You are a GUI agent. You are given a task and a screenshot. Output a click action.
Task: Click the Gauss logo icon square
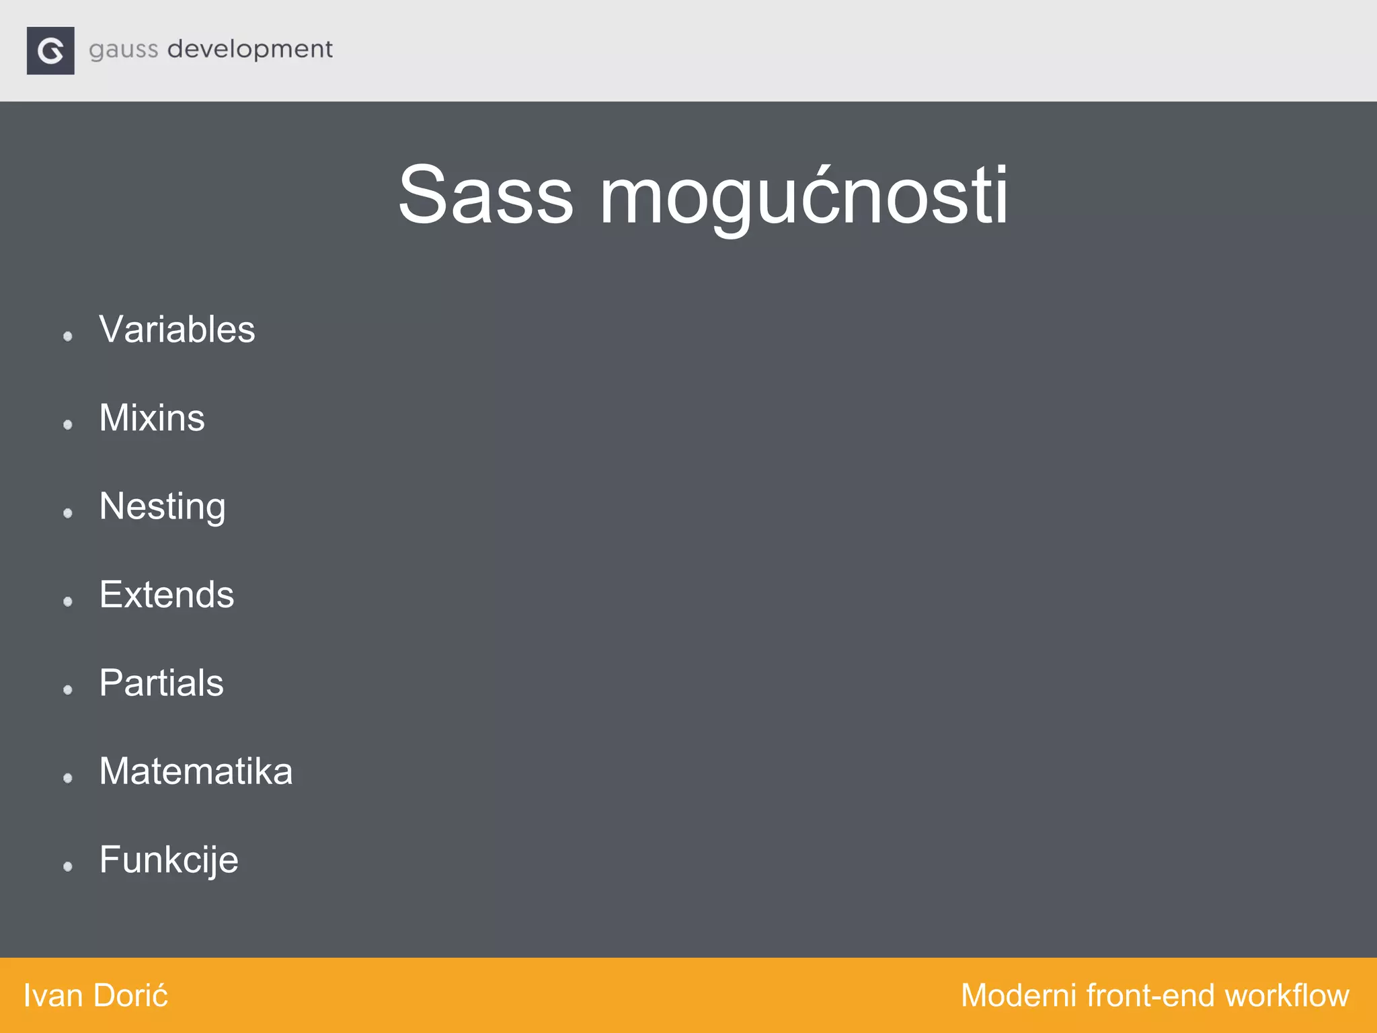point(50,50)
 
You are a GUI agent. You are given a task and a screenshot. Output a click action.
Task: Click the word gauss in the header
point(124,50)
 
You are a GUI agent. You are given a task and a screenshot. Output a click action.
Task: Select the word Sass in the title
point(485,195)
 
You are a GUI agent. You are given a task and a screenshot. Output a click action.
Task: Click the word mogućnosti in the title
point(803,196)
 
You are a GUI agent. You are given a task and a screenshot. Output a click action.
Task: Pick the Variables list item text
point(177,330)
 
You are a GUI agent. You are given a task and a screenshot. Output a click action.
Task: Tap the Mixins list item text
point(152,418)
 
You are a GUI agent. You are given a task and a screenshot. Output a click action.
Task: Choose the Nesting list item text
point(162,506)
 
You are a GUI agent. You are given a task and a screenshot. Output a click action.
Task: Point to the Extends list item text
point(167,595)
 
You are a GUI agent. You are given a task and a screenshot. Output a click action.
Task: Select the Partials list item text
point(161,683)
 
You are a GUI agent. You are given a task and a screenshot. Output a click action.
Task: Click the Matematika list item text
point(196,771)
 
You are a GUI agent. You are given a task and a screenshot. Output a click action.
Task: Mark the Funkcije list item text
point(169,860)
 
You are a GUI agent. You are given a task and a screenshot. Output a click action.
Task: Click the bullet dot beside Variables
point(68,336)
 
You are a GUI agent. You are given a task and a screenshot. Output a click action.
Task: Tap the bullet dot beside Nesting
point(68,513)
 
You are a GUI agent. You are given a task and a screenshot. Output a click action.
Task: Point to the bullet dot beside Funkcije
point(68,866)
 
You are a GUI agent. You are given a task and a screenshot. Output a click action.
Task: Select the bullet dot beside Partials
point(68,689)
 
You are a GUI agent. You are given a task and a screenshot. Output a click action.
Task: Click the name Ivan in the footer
point(52,995)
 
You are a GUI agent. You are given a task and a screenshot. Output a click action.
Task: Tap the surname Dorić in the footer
point(130,995)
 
